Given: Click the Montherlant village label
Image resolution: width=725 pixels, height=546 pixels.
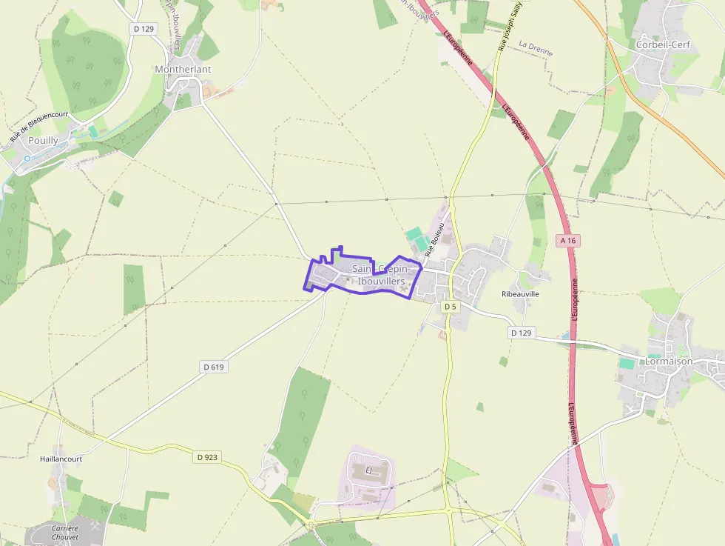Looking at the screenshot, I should tap(183, 70).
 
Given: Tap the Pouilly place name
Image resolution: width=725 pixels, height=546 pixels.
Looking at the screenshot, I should tap(43, 140).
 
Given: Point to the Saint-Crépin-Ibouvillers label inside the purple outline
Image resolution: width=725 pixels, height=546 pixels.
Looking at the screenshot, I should tap(380, 275).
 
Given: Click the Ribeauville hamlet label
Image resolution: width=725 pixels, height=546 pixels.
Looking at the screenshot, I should tap(520, 294).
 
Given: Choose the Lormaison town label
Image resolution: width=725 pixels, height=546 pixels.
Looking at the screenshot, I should tap(668, 361).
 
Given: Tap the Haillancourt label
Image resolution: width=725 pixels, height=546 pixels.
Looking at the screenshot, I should tap(61, 459).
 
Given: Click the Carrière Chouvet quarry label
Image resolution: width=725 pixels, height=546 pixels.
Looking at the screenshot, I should tap(65, 533).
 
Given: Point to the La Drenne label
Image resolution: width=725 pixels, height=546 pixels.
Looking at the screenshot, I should tap(536, 49).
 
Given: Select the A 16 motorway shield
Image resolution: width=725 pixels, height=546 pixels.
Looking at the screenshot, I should tap(567, 241).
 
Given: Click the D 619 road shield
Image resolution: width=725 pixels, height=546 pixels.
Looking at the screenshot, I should tap(213, 367).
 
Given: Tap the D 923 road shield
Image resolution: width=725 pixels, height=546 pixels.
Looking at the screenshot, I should tap(208, 457).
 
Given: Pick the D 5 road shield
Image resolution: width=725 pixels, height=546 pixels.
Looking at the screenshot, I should tap(451, 306).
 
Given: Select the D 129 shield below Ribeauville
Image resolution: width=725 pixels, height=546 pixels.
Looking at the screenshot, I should tap(521, 333).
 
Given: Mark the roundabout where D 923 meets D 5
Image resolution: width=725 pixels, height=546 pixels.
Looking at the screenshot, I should tap(448, 510).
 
